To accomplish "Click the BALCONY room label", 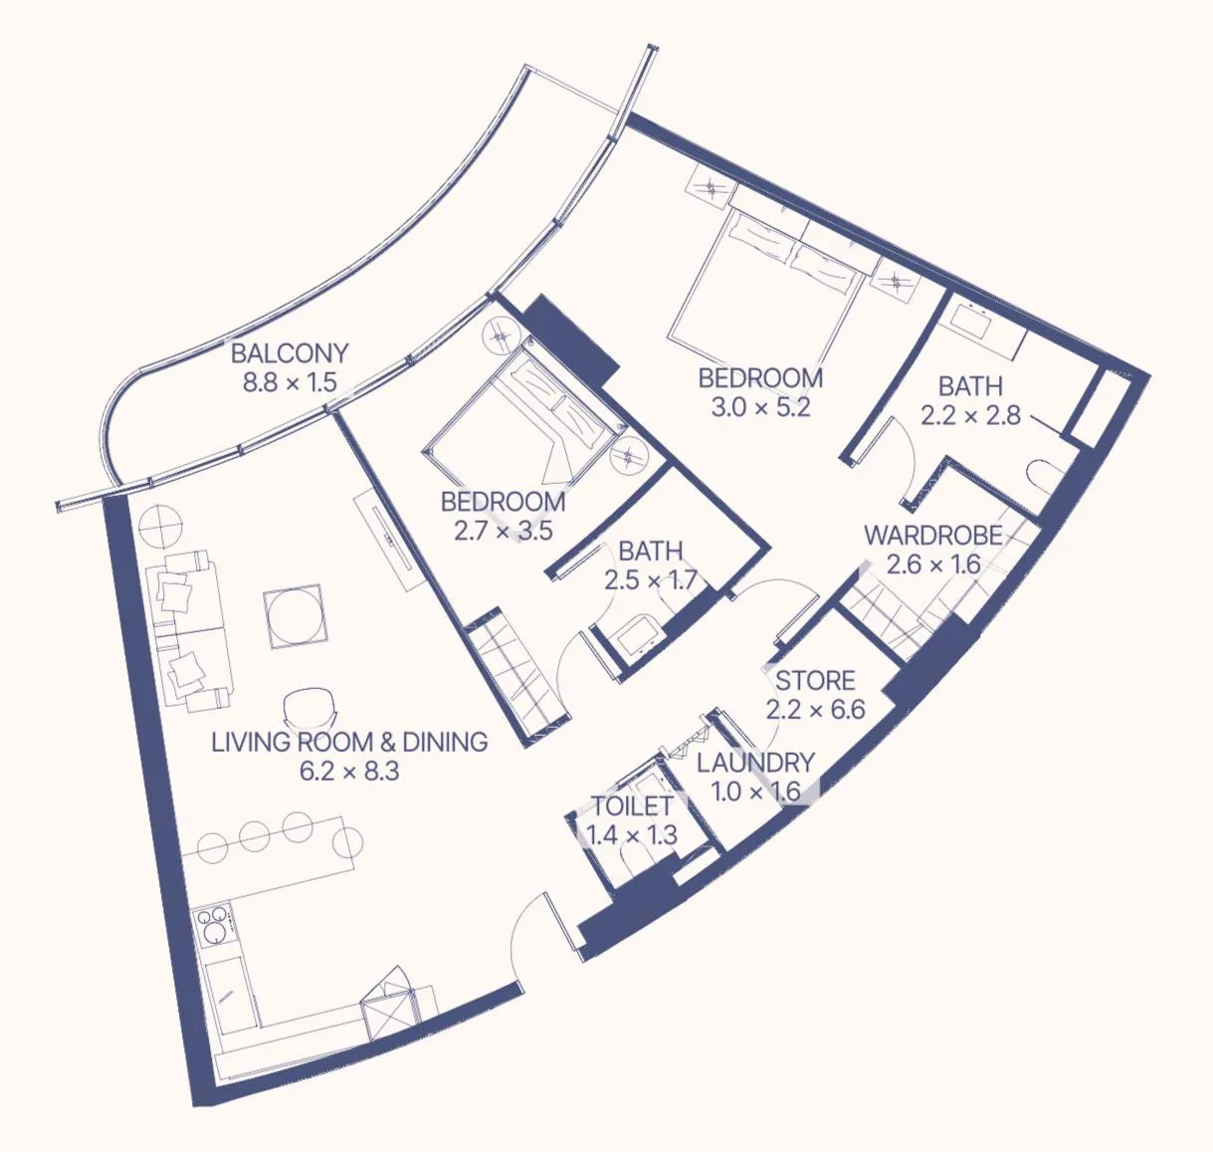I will (290, 353).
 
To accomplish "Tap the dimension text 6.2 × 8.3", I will (348, 771).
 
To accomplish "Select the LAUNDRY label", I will (755, 763).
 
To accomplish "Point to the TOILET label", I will (632, 806).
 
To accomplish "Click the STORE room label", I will (815, 681).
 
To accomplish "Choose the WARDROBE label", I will (932, 536).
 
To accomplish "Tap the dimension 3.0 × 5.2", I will (760, 407).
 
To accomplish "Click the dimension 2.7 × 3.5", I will (503, 531).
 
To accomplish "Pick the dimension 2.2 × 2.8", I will (970, 415).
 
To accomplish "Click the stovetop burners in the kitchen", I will (212, 927).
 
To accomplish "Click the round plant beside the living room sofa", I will (159, 525).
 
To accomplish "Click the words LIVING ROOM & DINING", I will (348, 742).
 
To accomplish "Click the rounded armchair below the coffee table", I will (309, 708).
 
